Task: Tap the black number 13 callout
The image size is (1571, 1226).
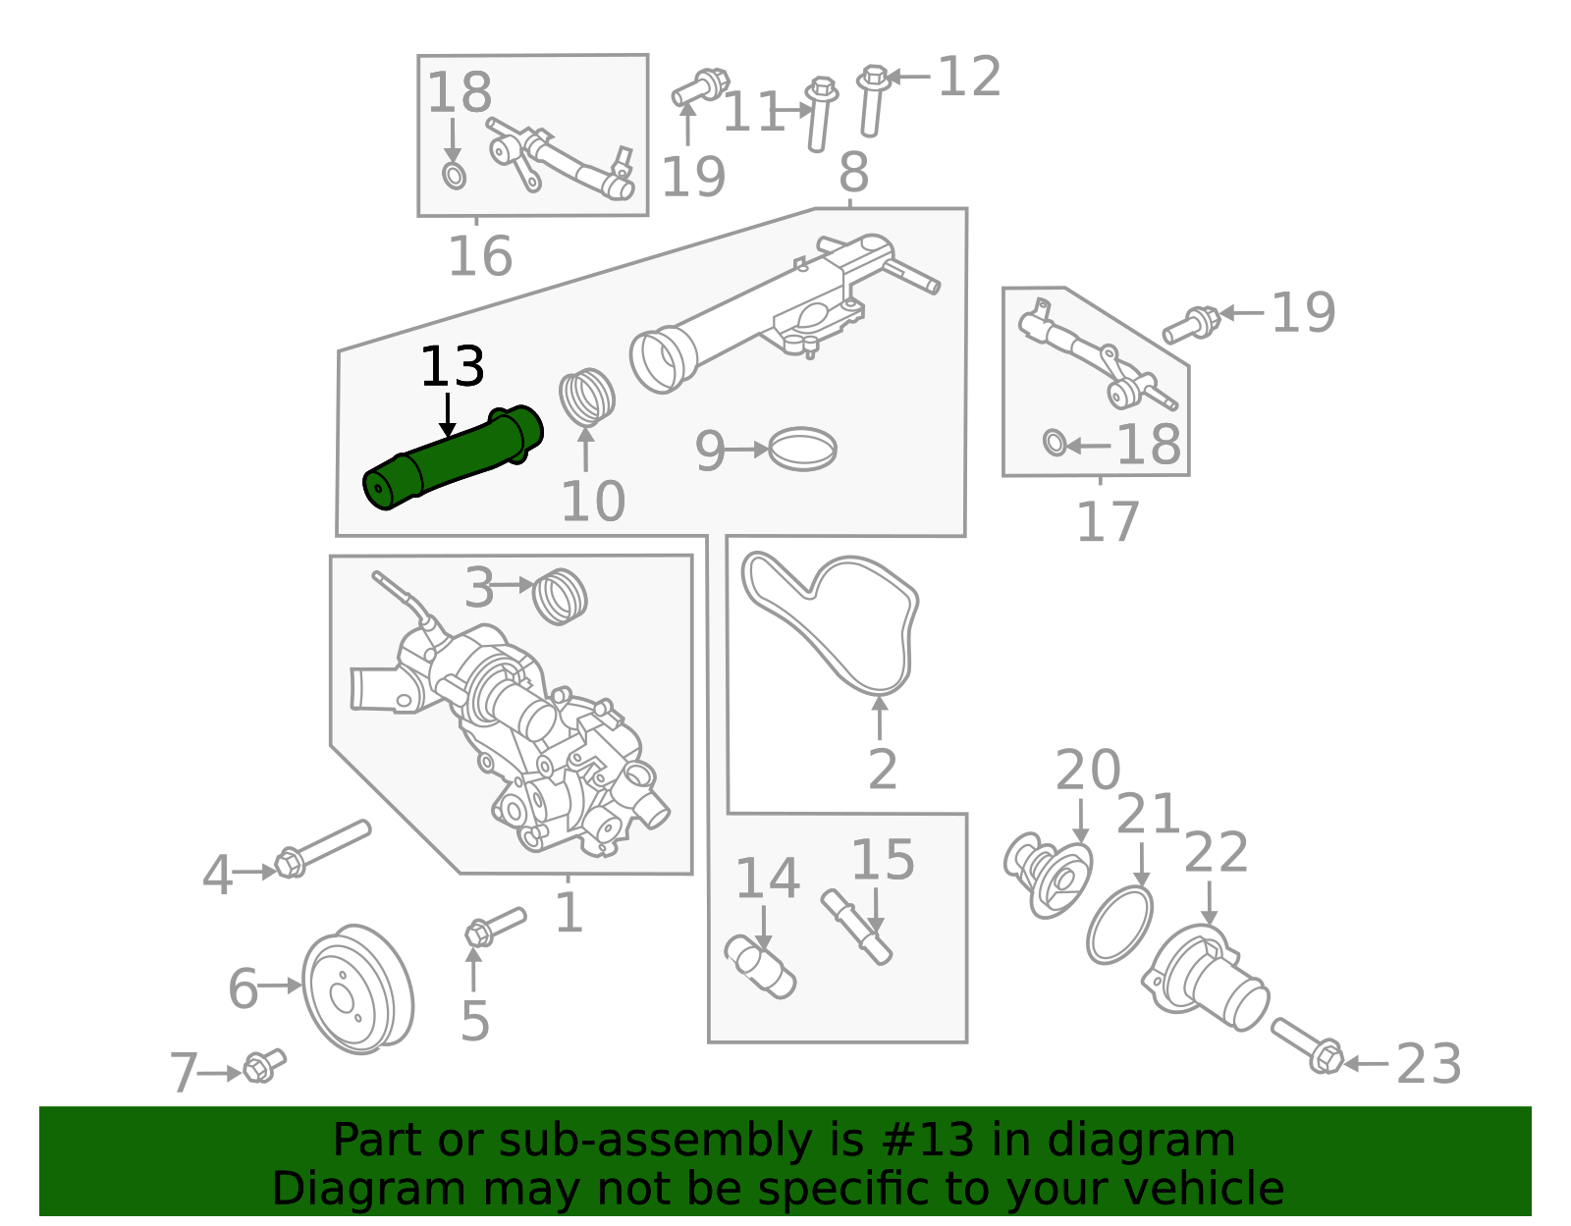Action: pos(452,367)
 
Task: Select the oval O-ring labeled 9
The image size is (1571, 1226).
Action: pos(802,449)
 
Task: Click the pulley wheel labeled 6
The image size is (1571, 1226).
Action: pos(356,989)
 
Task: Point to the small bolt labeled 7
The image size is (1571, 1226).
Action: pos(263,1065)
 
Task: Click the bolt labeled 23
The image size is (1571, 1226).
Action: pos(1308,1046)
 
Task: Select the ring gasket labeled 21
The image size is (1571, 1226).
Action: pos(1119,925)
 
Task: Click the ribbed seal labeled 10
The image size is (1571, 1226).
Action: pos(587,397)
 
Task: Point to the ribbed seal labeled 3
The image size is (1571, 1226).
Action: pos(561,595)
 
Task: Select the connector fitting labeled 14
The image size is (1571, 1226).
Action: pos(760,967)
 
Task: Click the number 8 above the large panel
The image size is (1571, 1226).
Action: pos(853,173)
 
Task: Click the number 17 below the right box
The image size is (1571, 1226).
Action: pos(1107,522)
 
